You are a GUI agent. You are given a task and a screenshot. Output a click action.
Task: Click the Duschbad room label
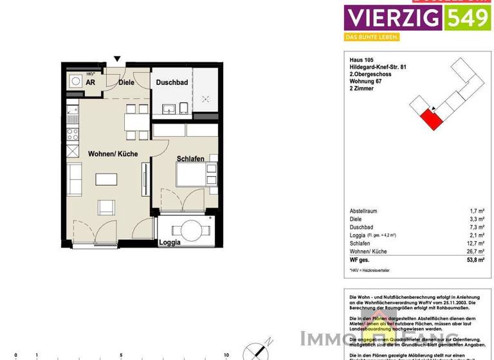point(172,82)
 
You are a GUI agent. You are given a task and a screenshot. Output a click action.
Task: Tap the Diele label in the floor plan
point(126,82)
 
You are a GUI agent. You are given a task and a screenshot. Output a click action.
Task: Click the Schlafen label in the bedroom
point(190,159)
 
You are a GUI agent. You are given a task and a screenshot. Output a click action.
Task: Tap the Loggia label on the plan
point(170,243)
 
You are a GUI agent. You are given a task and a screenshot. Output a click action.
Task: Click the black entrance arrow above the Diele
point(116,59)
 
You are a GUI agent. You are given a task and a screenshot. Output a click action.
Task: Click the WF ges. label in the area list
point(359,260)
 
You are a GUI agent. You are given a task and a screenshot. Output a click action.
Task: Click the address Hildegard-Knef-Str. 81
point(379,67)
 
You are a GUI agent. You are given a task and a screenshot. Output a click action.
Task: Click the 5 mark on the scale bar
point(121,355)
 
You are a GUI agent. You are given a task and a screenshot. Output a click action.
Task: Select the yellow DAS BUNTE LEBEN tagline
point(372,37)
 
